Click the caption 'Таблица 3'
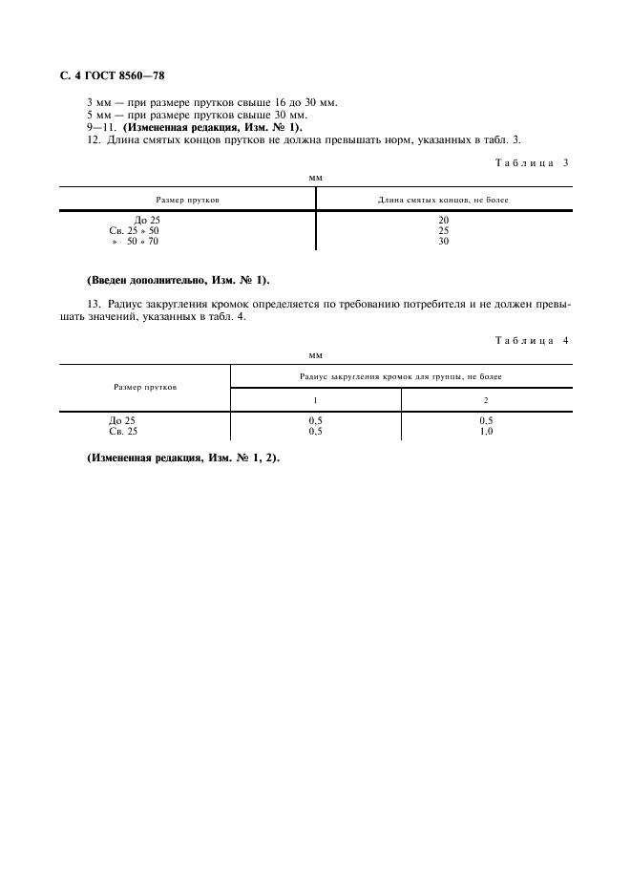(532, 162)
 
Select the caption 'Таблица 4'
(532, 340)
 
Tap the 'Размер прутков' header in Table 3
(187, 200)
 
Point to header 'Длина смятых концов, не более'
(444, 200)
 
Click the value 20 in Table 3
(444, 221)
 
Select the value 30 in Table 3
(444, 241)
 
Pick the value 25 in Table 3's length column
(444, 231)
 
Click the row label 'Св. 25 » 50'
(135, 231)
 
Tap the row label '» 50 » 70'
(136, 241)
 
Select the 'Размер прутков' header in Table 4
(144, 387)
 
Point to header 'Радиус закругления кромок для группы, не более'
(401, 376)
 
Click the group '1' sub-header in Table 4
(315, 399)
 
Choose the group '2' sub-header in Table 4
(486, 399)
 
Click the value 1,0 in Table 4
(486, 431)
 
